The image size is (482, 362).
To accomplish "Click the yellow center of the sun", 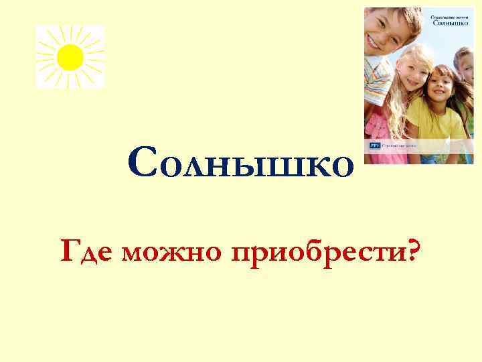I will tap(70, 57).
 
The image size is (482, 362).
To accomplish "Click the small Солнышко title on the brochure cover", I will tap(447, 23).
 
